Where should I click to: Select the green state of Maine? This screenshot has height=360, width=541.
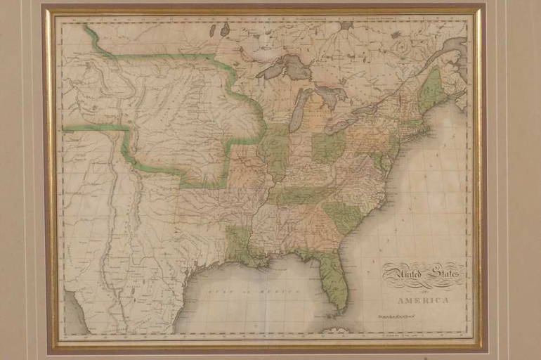tap(432, 90)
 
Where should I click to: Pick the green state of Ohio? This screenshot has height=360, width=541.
tap(328, 146)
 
